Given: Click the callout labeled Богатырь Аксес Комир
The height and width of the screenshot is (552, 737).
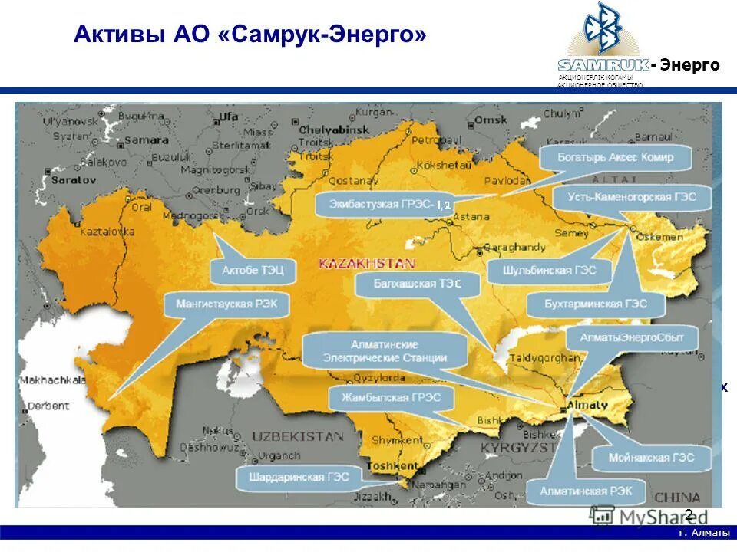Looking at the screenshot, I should point(616,158).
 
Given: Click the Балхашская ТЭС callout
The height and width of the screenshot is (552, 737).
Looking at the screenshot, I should point(418,284).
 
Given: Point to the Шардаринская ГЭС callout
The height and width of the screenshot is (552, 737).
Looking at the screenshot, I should point(299,477).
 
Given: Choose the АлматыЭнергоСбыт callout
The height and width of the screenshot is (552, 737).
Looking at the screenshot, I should point(625,337).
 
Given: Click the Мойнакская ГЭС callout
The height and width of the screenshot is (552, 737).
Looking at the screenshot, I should point(652,458).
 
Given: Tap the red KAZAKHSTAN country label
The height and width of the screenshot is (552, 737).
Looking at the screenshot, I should point(367,263).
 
